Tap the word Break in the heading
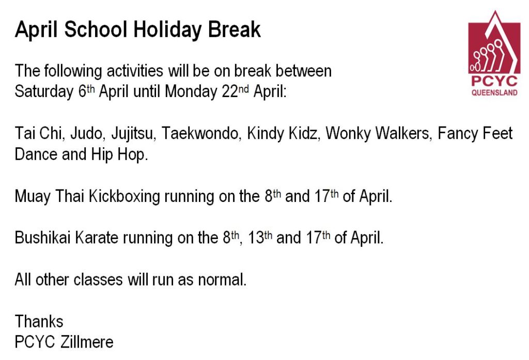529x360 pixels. coord(234,29)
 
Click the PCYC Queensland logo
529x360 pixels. coord(494,53)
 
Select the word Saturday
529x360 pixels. coord(44,92)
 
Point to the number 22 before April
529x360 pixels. coord(230,91)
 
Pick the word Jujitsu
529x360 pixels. coord(132,134)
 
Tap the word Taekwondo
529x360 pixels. coord(200,133)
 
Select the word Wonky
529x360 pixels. coord(348,134)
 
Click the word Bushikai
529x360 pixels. coord(42,238)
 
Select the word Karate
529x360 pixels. coord(97,238)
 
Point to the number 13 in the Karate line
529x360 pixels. coord(256,238)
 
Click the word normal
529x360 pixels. coord(222,280)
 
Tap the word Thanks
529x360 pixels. coord(39,322)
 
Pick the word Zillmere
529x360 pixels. coord(87,342)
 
